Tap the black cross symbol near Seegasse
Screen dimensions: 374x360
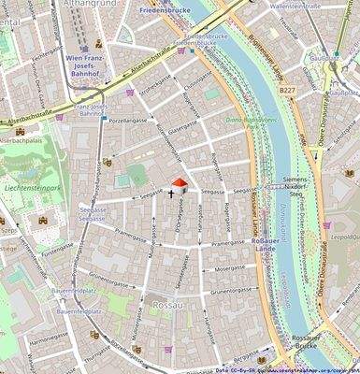coord(170,194)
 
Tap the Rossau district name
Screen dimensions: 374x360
coord(170,306)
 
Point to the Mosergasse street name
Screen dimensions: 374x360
coord(227,268)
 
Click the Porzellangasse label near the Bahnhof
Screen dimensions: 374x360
coord(128,121)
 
